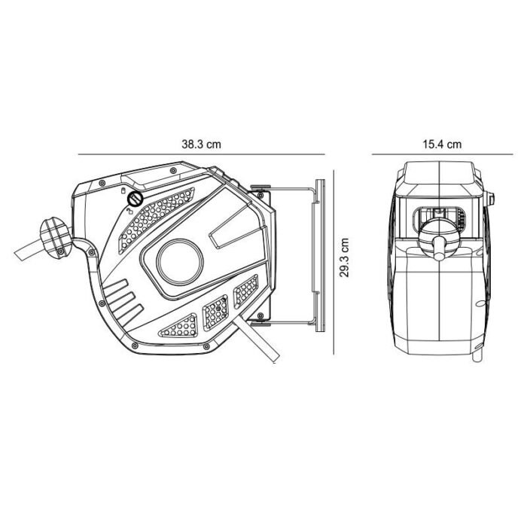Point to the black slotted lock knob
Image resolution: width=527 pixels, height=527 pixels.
[136, 200]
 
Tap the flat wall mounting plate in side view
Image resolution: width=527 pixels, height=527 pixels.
[320, 256]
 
